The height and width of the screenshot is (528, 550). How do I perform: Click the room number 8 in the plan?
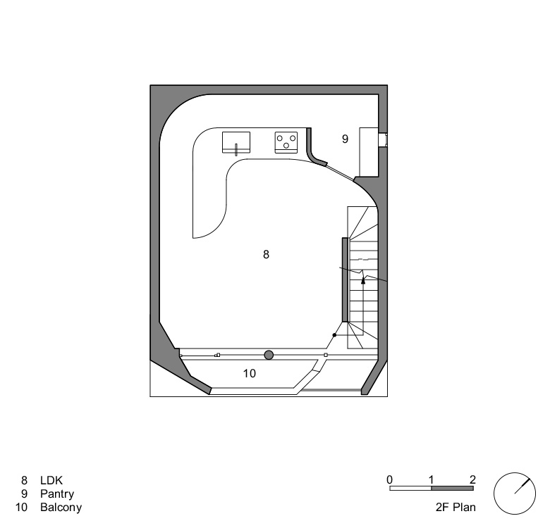pyautogui.click(x=266, y=254)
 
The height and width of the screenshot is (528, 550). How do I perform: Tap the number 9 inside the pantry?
pyautogui.click(x=345, y=139)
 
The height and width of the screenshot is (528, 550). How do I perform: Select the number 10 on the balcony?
pyautogui.click(x=250, y=374)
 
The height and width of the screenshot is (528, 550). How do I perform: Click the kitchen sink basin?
pyautogui.click(x=236, y=142)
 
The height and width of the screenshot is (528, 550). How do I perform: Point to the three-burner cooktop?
pyautogui.click(x=286, y=142)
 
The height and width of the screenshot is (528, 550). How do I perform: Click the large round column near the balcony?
pyautogui.click(x=269, y=355)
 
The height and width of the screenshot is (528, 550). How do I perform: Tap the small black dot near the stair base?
pyautogui.click(x=335, y=335)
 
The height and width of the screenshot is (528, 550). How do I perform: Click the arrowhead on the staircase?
pyautogui.click(x=363, y=279)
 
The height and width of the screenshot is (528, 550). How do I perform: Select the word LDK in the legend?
pyautogui.click(x=51, y=480)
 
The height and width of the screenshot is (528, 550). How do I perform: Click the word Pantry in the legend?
pyautogui.click(x=57, y=494)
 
